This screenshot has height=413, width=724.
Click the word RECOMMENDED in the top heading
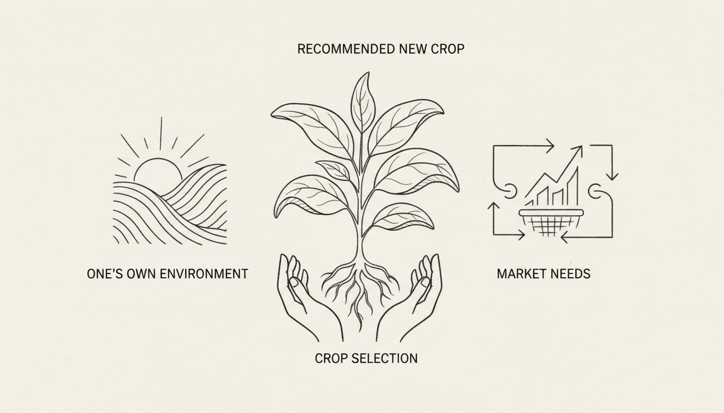(x=346, y=49)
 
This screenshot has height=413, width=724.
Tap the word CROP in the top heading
(x=448, y=49)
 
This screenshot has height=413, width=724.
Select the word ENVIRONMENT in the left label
(x=204, y=274)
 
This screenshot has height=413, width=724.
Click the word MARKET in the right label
(x=520, y=274)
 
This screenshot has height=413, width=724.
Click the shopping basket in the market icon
(x=551, y=222)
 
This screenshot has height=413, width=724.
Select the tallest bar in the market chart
(x=574, y=187)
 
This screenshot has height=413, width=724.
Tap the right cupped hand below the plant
(x=410, y=297)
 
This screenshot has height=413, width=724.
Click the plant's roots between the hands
(x=360, y=290)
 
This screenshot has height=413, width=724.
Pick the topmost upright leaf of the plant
(x=363, y=102)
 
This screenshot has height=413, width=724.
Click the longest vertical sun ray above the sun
(x=161, y=133)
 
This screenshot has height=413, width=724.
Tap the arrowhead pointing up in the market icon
(x=493, y=206)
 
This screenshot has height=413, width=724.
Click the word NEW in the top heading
(x=413, y=49)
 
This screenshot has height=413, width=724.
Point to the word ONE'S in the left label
(x=105, y=274)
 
